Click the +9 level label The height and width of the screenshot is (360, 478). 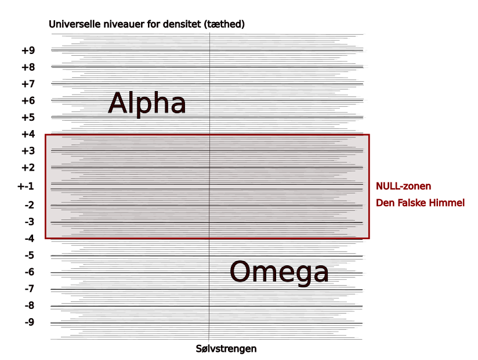coord(28,51)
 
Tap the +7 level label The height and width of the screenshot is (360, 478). coord(28,84)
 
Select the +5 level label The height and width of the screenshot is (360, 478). coord(28,118)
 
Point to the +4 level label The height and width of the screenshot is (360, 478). coord(28,135)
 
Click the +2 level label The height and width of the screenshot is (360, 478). coord(28,168)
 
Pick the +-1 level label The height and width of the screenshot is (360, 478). coord(26,186)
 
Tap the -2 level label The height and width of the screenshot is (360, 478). coord(30,205)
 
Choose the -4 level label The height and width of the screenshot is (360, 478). coord(30,239)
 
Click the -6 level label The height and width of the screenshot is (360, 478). coord(30,272)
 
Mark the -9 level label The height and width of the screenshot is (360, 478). coord(30,323)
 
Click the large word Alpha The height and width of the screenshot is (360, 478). coord(147,104)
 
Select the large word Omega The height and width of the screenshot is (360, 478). coord(279,272)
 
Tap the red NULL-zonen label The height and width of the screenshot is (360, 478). coord(404,186)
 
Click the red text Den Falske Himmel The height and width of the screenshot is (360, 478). coord(421,203)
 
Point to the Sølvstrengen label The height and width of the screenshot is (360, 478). coord(226,349)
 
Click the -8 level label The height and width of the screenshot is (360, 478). coord(30,306)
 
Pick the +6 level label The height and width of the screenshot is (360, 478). coord(28,101)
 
